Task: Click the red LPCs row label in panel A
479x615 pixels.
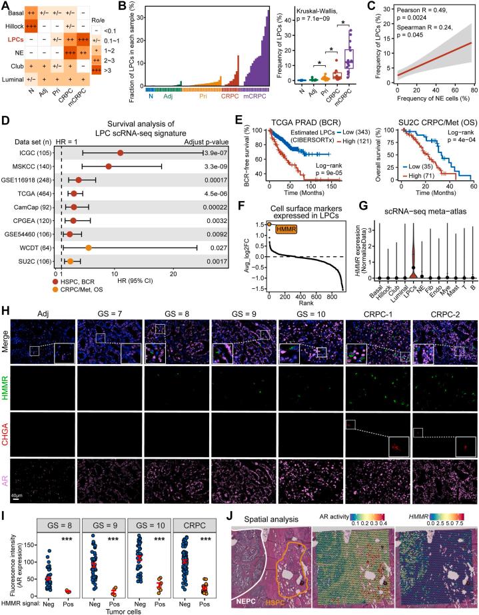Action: click(x=15, y=39)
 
